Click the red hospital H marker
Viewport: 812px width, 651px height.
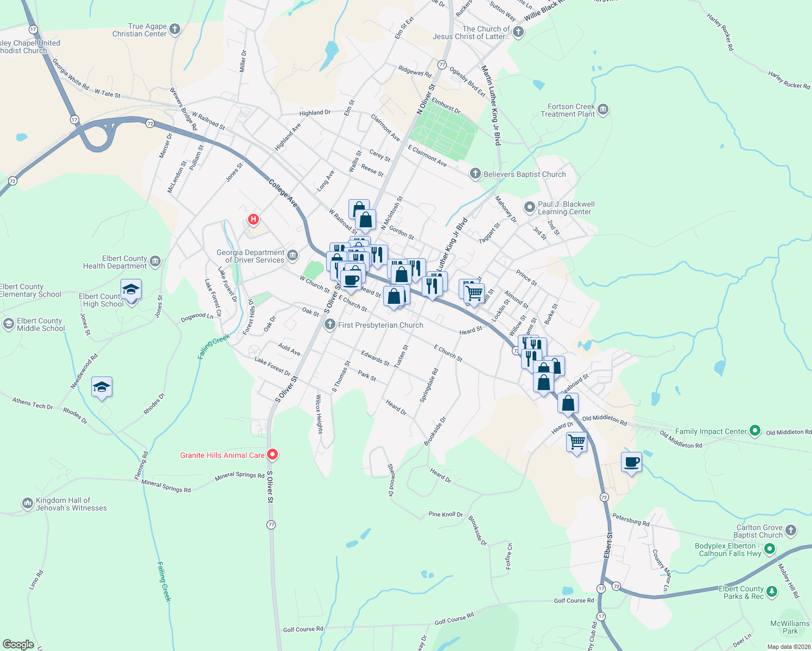click(253, 220)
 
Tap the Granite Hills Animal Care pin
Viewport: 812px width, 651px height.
click(272, 455)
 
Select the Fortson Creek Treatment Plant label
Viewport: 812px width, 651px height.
click(568, 111)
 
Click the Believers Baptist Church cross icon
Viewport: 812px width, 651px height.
click(475, 174)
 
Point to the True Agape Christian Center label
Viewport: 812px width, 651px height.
click(139, 30)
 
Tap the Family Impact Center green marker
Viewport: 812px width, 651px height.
click(755, 431)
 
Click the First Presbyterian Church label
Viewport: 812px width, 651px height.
click(380, 325)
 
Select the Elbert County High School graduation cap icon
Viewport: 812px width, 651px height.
click(131, 289)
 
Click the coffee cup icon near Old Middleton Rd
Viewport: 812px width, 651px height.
click(631, 463)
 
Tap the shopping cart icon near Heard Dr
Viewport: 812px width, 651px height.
click(576, 442)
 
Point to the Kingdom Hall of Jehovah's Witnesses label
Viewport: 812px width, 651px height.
click(71, 505)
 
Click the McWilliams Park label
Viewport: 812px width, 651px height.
click(790, 627)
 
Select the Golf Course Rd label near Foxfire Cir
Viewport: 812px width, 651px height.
click(574, 601)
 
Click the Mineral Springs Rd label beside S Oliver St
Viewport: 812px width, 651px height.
click(239, 476)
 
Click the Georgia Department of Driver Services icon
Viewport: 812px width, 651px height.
click(293, 255)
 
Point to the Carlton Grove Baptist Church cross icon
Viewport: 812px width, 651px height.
click(791, 531)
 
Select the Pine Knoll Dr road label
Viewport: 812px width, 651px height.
click(446, 514)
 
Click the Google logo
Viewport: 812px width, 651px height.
click(18, 644)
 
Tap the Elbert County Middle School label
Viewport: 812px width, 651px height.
click(40, 325)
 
